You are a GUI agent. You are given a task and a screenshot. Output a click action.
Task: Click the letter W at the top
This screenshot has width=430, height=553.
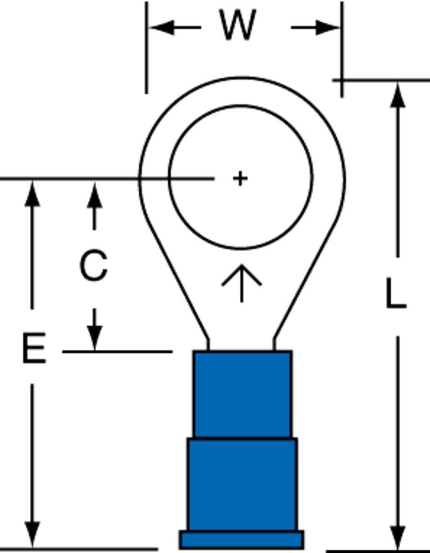tap(237, 25)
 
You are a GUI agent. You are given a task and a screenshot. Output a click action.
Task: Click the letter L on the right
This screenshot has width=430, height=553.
tap(396, 293)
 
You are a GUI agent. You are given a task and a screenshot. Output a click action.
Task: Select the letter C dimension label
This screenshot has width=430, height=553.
tap(93, 265)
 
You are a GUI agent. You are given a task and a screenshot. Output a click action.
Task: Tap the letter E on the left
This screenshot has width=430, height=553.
tap(34, 348)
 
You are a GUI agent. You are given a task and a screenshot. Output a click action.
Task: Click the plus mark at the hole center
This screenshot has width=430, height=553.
tap(240, 178)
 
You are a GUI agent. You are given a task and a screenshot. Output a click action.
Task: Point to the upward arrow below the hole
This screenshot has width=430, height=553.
tap(241, 283)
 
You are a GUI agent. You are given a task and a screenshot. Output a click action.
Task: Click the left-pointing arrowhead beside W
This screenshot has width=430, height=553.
tap(162, 27)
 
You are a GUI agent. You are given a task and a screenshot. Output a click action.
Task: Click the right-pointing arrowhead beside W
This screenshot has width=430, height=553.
tap(328, 27)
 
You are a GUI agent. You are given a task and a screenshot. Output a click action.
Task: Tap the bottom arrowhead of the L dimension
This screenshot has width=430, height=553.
tap(398, 537)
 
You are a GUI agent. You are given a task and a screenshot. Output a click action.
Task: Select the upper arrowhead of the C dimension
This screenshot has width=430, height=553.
tap(94, 195)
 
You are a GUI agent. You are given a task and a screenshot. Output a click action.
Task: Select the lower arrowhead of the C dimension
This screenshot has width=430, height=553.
tap(95, 338)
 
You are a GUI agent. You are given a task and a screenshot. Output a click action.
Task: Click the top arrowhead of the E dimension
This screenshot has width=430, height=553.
tap(32, 194)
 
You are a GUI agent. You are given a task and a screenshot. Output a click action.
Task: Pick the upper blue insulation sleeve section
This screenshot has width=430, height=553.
tap(243, 394)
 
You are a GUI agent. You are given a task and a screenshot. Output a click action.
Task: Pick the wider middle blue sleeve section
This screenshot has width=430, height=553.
tap(243, 484)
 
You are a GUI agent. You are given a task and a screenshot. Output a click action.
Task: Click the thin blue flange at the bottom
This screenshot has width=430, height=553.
tap(242, 539)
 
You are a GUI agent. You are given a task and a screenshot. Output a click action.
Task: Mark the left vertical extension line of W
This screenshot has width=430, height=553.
tap(146, 48)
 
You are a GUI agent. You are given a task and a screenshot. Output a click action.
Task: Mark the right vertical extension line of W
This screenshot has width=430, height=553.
tap(342, 49)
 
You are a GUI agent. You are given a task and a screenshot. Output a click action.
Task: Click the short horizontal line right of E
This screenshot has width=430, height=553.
tap(117, 352)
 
